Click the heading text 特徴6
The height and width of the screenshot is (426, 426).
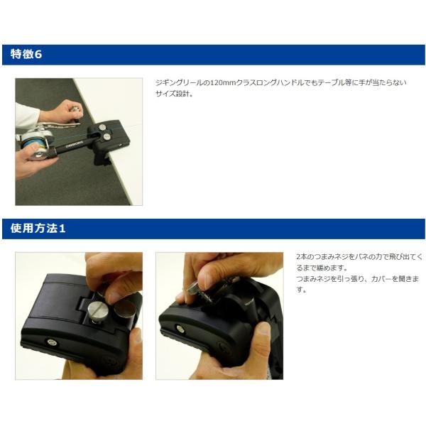[26, 54]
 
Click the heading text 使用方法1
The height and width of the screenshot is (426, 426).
[38, 228]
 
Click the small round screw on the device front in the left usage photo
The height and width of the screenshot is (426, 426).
[51, 342]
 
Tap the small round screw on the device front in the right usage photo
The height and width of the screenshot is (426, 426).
[180, 329]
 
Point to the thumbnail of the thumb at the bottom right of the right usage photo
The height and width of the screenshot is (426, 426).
[263, 329]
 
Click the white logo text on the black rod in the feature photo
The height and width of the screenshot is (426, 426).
[74, 144]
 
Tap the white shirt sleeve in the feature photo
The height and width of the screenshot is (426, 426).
[26, 116]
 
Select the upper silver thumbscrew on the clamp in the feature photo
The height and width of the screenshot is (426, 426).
[103, 127]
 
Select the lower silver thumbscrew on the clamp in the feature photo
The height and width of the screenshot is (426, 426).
[106, 136]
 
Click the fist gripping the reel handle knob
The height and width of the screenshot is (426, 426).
[65, 111]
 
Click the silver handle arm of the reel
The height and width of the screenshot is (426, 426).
[60, 125]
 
